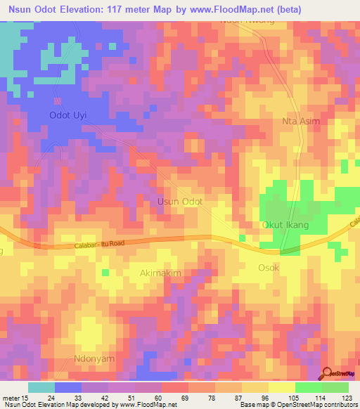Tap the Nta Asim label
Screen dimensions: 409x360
301,121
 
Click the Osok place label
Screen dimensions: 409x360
269,268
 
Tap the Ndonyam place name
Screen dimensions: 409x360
94,358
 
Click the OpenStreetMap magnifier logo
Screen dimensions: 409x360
327,374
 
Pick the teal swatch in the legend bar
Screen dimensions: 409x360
41,387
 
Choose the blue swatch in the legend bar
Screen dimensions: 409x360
68,387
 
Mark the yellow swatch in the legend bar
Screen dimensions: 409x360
281,387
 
